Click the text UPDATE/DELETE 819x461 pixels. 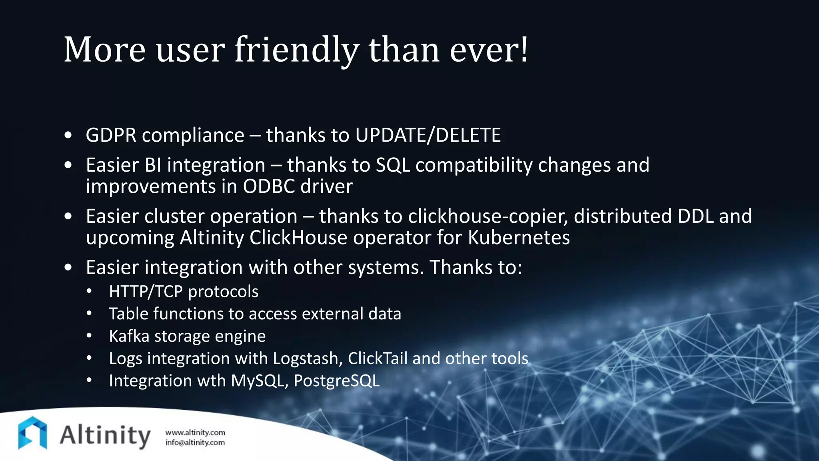point(428,135)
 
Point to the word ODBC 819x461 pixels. point(269,186)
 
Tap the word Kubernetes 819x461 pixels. point(519,238)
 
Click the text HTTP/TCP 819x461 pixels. point(146,292)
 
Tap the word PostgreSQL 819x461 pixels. point(336,381)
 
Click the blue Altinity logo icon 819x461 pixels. point(32,433)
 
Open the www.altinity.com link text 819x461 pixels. point(195,433)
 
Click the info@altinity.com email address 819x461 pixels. point(195,443)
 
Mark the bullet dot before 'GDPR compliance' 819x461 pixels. point(68,136)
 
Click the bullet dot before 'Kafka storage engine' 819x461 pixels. point(89,336)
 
